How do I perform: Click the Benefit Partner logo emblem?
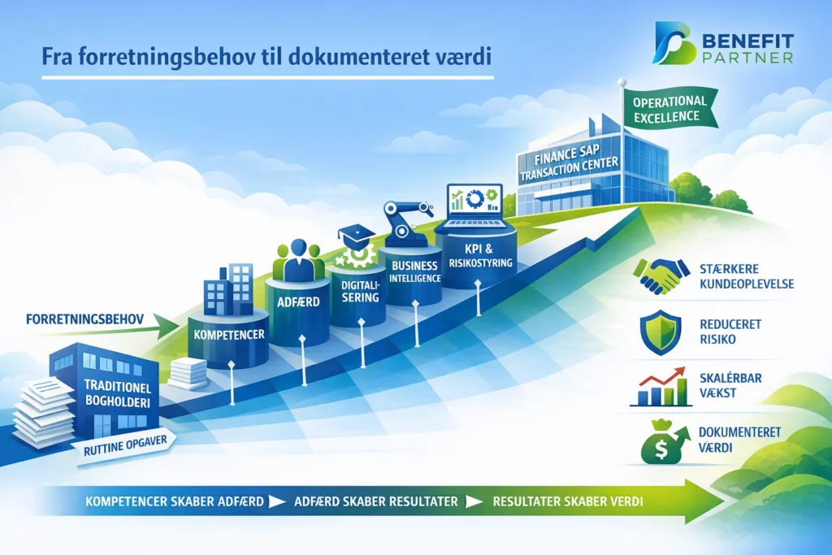pyautogui.click(x=674, y=43)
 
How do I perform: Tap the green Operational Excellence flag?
pyautogui.click(x=669, y=109)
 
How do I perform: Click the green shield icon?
pyautogui.click(x=660, y=332)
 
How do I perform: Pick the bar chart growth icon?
pyautogui.click(x=661, y=386)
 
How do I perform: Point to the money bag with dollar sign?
pyautogui.click(x=663, y=441)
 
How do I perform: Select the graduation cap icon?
pyautogui.click(x=357, y=234)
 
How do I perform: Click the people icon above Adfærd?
pyautogui.click(x=298, y=260)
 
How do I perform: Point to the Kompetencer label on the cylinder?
pyautogui.click(x=229, y=335)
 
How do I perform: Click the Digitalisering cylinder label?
pyautogui.click(x=360, y=291)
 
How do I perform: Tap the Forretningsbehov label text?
pyautogui.click(x=84, y=319)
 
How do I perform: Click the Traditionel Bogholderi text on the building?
pyautogui.click(x=117, y=393)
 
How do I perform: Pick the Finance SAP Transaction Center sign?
pyautogui.click(x=570, y=162)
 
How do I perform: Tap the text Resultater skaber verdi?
pyautogui.click(x=568, y=501)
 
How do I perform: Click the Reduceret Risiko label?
pyautogui.click(x=730, y=332)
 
